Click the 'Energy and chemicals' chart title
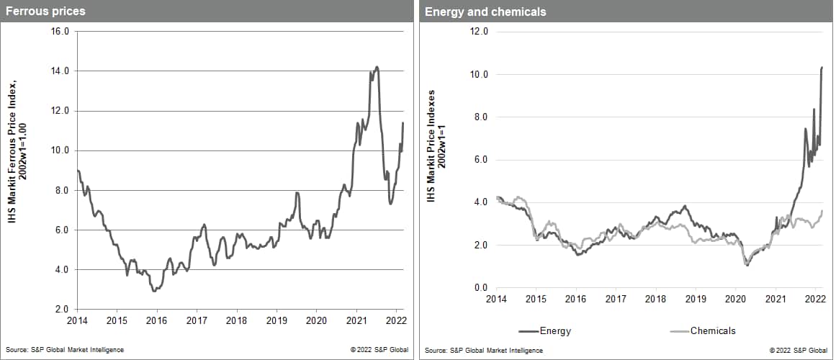coord(475,12)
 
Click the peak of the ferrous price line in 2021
coord(377,67)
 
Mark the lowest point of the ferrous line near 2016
coord(154,291)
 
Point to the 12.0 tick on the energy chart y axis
coord(479,32)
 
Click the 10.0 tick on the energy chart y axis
coord(479,74)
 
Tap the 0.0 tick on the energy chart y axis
coord(480,288)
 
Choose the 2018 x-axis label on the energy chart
coord(656,298)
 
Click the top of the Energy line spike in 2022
coord(822,67)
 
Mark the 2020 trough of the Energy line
coord(747,266)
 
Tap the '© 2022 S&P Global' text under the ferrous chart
coord(379,350)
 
